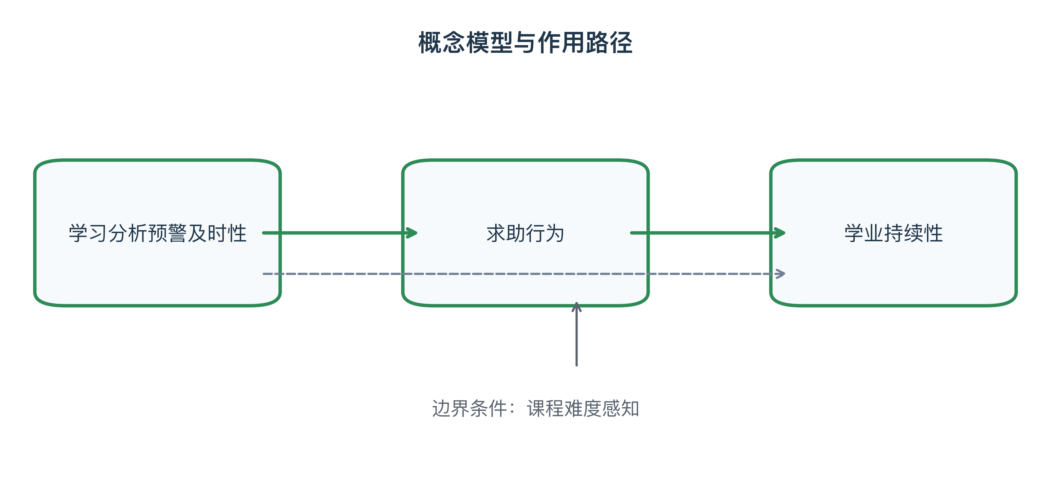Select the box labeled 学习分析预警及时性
point(158,233)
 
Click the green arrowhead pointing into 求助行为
point(411,233)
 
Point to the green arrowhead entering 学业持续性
point(779,233)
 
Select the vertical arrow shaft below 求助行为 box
point(576,334)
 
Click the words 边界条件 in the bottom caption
point(469,409)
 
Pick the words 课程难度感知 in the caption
point(583,409)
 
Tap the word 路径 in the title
point(609,42)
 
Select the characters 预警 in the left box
point(167,233)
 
